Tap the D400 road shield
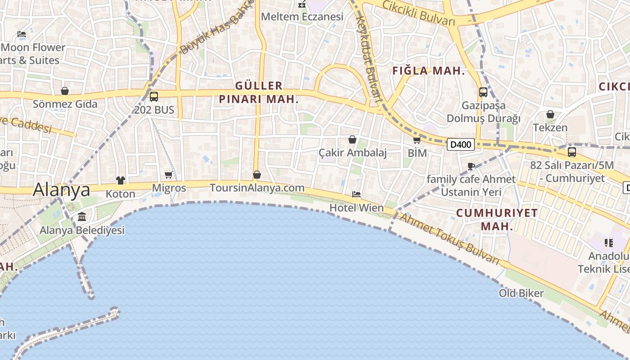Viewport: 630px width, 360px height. click(x=461, y=144)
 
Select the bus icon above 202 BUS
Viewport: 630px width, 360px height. click(x=154, y=96)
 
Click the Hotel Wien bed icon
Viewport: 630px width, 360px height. click(x=356, y=194)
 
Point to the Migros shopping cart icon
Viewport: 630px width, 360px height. click(x=169, y=175)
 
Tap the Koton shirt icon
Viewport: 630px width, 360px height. click(x=120, y=180)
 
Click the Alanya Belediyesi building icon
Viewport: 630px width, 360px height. click(x=82, y=217)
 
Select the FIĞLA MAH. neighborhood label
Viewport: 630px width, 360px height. click(x=428, y=71)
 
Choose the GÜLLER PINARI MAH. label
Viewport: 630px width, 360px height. click(x=259, y=92)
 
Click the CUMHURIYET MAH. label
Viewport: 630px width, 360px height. click(x=497, y=219)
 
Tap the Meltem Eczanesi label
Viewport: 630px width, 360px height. click(x=302, y=17)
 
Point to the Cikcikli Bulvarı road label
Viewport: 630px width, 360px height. click(x=418, y=13)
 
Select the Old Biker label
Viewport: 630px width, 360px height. click(x=521, y=293)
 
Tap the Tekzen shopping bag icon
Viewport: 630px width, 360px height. click(x=550, y=114)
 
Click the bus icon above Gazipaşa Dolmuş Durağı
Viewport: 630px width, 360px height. click(x=483, y=92)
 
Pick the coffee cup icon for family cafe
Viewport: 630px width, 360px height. click(x=471, y=166)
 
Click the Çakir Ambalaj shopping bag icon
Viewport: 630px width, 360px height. click(x=352, y=139)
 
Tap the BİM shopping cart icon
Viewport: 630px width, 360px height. click(x=417, y=140)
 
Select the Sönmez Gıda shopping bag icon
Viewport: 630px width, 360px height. click(x=65, y=91)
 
